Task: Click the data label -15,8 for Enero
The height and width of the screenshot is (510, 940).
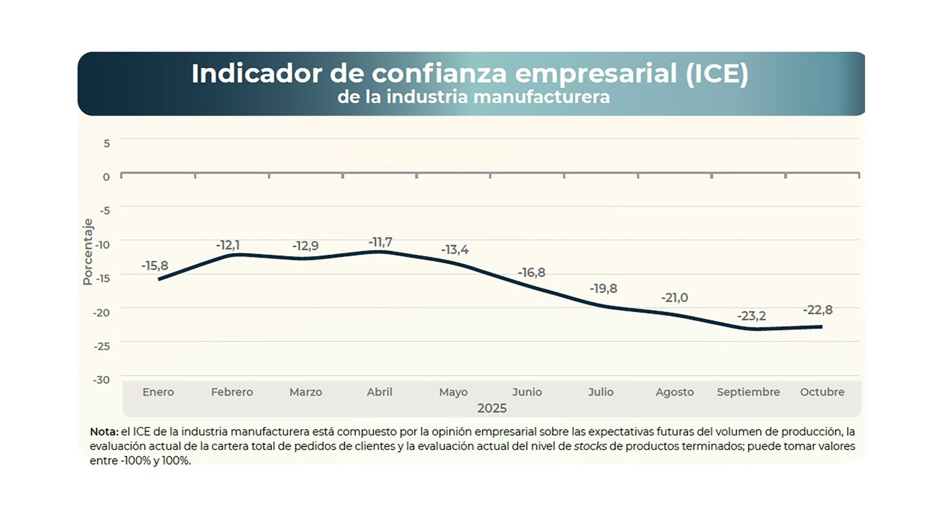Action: (155, 266)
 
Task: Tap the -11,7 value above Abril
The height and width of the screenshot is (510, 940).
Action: (380, 242)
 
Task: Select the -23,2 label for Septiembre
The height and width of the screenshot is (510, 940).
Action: (752, 316)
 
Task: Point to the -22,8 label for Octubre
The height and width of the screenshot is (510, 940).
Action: (818, 310)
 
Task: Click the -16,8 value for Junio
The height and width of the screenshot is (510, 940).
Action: (532, 273)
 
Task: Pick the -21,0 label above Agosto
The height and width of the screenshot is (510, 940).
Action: (675, 298)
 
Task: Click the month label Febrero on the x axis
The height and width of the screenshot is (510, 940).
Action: (232, 392)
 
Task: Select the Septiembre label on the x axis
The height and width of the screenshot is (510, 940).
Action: (748, 392)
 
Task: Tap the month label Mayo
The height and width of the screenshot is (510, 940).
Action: (453, 392)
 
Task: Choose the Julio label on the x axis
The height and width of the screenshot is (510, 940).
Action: (601, 392)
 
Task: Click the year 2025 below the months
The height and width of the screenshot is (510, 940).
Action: (492, 408)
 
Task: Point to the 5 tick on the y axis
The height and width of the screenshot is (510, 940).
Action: (107, 143)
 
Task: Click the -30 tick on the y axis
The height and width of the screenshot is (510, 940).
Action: (102, 380)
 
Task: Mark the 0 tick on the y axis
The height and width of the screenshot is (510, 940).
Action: (106, 177)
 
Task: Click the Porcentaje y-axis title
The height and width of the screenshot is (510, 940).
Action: (88, 252)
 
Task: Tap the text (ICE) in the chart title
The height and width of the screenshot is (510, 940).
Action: (717, 74)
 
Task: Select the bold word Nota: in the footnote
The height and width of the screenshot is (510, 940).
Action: (104, 432)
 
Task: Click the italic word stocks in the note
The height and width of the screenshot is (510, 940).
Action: (590, 446)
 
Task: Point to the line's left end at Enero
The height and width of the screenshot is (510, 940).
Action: (159, 279)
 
